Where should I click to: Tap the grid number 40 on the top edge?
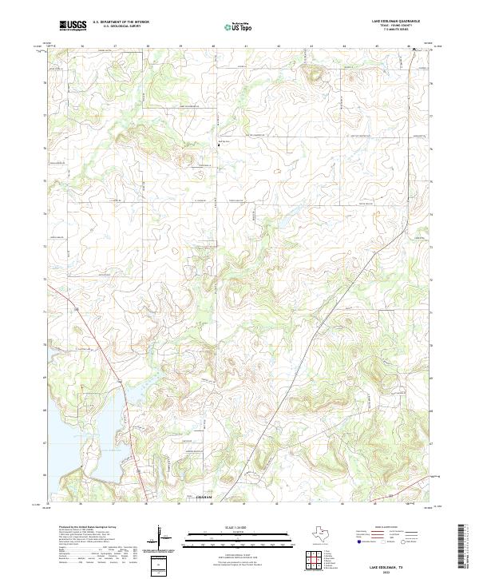(213, 47)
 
